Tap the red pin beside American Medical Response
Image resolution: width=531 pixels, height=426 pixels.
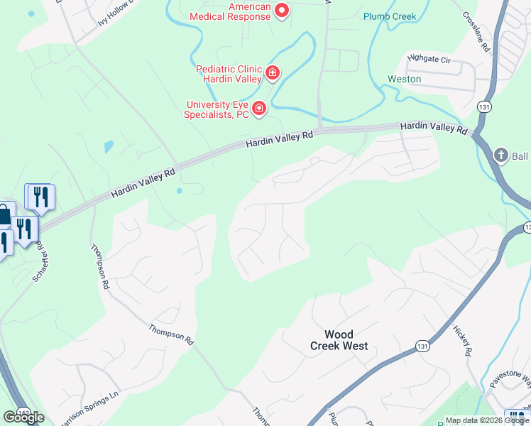point(282,10)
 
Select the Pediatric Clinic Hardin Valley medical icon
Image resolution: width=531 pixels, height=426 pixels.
point(272,72)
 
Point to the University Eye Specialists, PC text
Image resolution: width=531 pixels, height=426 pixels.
point(217,109)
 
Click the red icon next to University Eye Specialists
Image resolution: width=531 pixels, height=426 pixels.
point(259,108)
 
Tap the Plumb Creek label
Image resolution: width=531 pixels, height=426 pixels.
point(390,16)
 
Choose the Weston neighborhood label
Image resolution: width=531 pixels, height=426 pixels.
point(404,79)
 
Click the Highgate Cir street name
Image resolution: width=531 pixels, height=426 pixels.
point(429,60)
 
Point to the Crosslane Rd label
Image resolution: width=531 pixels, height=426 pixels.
point(476,33)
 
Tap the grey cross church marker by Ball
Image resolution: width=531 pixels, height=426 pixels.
point(500,155)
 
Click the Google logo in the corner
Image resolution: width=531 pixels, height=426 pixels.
point(23,417)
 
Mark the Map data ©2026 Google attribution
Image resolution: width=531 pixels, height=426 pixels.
point(487,420)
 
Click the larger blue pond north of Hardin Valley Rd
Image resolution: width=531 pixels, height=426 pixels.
point(108,147)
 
